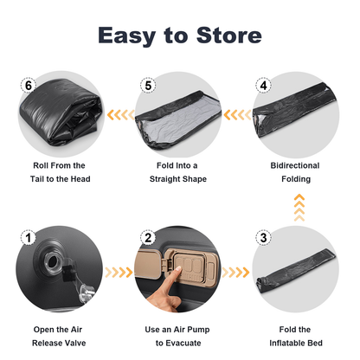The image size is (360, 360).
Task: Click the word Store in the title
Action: (229, 35)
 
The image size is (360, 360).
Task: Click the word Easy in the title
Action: (127, 36)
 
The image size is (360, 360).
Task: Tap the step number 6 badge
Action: (29, 85)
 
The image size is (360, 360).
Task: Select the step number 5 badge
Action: (148, 85)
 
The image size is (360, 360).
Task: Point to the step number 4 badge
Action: (263, 85)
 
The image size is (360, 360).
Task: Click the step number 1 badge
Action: (29, 238)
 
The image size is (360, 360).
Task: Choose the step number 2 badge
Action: (148, 238)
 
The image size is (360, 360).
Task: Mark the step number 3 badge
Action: (263, 238)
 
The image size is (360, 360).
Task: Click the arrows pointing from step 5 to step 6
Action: (120, 115)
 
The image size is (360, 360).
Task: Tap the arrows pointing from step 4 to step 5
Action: (237, 115)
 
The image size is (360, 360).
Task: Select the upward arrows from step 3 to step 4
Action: (299, 208)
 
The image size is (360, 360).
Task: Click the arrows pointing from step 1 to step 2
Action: (119, 272)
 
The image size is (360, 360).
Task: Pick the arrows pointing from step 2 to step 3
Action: (235, 272)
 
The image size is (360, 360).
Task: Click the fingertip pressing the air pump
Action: (177, 269)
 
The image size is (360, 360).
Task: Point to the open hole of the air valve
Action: (53, 261)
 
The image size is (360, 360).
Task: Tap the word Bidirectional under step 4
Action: (295, 165)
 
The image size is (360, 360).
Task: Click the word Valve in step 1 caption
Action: (74, 343)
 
